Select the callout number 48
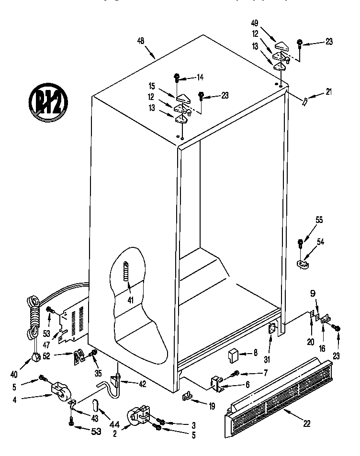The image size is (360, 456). click(x=141, y=42)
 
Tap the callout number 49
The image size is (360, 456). click(x=255, y=23)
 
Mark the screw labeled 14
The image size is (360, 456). click(x=177, y=77)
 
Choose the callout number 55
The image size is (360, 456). click(x=319, y=221)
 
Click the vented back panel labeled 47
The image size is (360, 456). click(x=73, y=322)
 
